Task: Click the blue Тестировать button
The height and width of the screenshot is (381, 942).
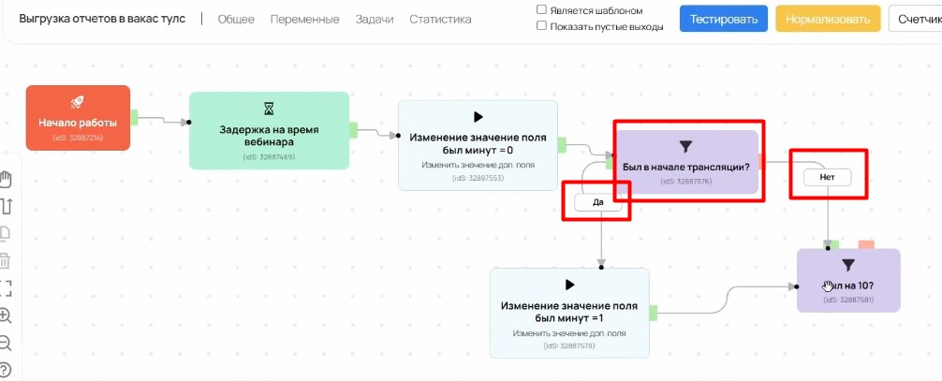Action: [x=724, y=19]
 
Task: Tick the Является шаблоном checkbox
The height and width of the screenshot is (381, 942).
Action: [x=542, y=10]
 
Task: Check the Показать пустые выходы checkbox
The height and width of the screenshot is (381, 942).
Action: [x=542, y=26]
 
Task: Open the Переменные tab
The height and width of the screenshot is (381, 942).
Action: [x=304, y=19]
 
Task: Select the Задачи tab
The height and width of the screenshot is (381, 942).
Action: [x=375, y=19]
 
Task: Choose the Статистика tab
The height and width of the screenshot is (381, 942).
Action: [x=440, y=19]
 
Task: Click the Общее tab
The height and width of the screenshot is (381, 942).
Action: [x=236, y=19]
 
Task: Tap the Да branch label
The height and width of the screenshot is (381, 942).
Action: [x=598, y=202]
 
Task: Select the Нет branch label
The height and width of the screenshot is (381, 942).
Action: [x=827, y=177]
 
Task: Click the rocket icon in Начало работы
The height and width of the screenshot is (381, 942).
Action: [x=78, y=102]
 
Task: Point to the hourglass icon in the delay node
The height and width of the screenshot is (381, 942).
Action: [x=269, y=110]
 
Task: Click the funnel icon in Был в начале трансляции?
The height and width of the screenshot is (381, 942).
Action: [x=684, y=146]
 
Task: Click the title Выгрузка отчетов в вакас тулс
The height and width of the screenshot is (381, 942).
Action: [x=102, y=19]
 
